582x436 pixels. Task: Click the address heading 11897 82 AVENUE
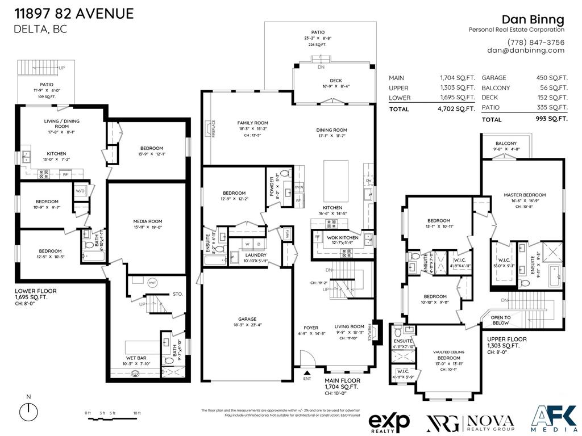(x=73, y=14)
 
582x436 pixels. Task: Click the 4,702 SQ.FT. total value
(x=457, y=108)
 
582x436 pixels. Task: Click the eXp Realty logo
(x=389, y=422)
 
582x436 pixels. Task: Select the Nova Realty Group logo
(x=470, y=422)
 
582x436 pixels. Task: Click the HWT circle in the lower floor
(x=152, y=282)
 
